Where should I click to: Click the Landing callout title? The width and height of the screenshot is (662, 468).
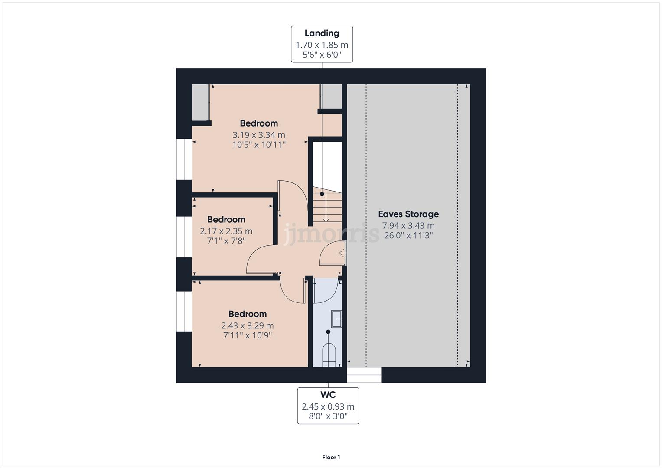pos(322,33)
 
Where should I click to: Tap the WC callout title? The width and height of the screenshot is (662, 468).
pos(328,395)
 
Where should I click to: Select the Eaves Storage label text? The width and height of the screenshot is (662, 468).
pos(408,214)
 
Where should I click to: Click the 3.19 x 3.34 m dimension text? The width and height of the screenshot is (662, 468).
pos(259,135)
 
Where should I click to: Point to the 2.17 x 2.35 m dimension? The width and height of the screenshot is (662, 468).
pos(226,231)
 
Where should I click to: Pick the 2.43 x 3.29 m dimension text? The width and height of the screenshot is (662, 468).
pos(247,325)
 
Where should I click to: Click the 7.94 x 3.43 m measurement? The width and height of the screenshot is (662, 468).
pos(408,226)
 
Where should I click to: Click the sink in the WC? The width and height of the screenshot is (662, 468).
pos(336,318)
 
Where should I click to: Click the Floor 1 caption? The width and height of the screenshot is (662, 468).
pos(331,457)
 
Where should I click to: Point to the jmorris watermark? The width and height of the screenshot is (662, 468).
pos(331,234)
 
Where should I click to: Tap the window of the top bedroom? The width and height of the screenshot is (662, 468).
pos(184,159)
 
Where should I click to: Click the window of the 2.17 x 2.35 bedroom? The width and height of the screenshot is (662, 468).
pos(184,237)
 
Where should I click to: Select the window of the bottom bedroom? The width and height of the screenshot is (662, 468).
pos(184,311)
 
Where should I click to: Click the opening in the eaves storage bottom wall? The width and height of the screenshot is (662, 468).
pos(364,375)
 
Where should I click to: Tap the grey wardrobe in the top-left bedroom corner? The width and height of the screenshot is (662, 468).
pos(201,102)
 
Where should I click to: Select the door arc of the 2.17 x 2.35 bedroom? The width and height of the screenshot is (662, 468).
pos(260,260)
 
